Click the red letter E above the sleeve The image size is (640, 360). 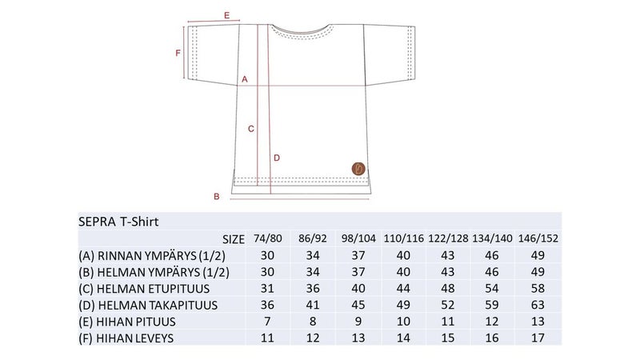tap(227, 15)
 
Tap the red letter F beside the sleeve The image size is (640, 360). tap(178, 53)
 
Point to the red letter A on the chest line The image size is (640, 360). tap(245, 79)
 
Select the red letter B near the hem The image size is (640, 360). tap(217, 196)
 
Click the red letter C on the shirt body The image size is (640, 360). tap(251, 129)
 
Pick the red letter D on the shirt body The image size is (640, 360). tap(277, 158)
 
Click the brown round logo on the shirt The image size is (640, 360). tap(358, 169)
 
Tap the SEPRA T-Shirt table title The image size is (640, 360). tap(118, 222)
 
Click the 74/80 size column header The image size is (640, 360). tap(268, 238)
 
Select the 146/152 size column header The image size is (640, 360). tap(538, 238)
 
